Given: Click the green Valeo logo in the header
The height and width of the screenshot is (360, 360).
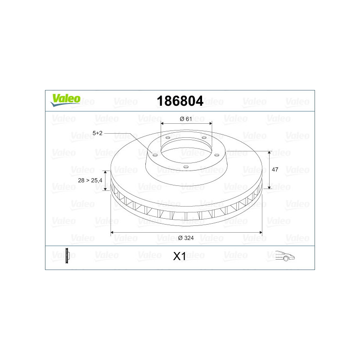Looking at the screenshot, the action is [65, 100].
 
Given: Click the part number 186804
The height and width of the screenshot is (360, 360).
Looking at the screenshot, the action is [180, 101].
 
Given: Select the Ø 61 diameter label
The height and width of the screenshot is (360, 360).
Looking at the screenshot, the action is [186, 119].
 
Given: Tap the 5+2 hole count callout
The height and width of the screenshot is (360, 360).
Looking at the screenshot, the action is [97, 133].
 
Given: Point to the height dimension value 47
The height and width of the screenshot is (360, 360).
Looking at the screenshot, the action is [275, 170].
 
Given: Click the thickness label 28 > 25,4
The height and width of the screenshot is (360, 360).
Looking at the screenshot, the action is [90, 180].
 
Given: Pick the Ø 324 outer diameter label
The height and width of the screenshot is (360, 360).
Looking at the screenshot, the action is [186, 238].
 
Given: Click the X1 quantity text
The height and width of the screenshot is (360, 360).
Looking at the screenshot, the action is [179, 256].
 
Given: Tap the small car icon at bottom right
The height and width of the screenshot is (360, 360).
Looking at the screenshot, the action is [285, 256].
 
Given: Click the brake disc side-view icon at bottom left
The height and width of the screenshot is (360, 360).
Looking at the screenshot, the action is [67, 256].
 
